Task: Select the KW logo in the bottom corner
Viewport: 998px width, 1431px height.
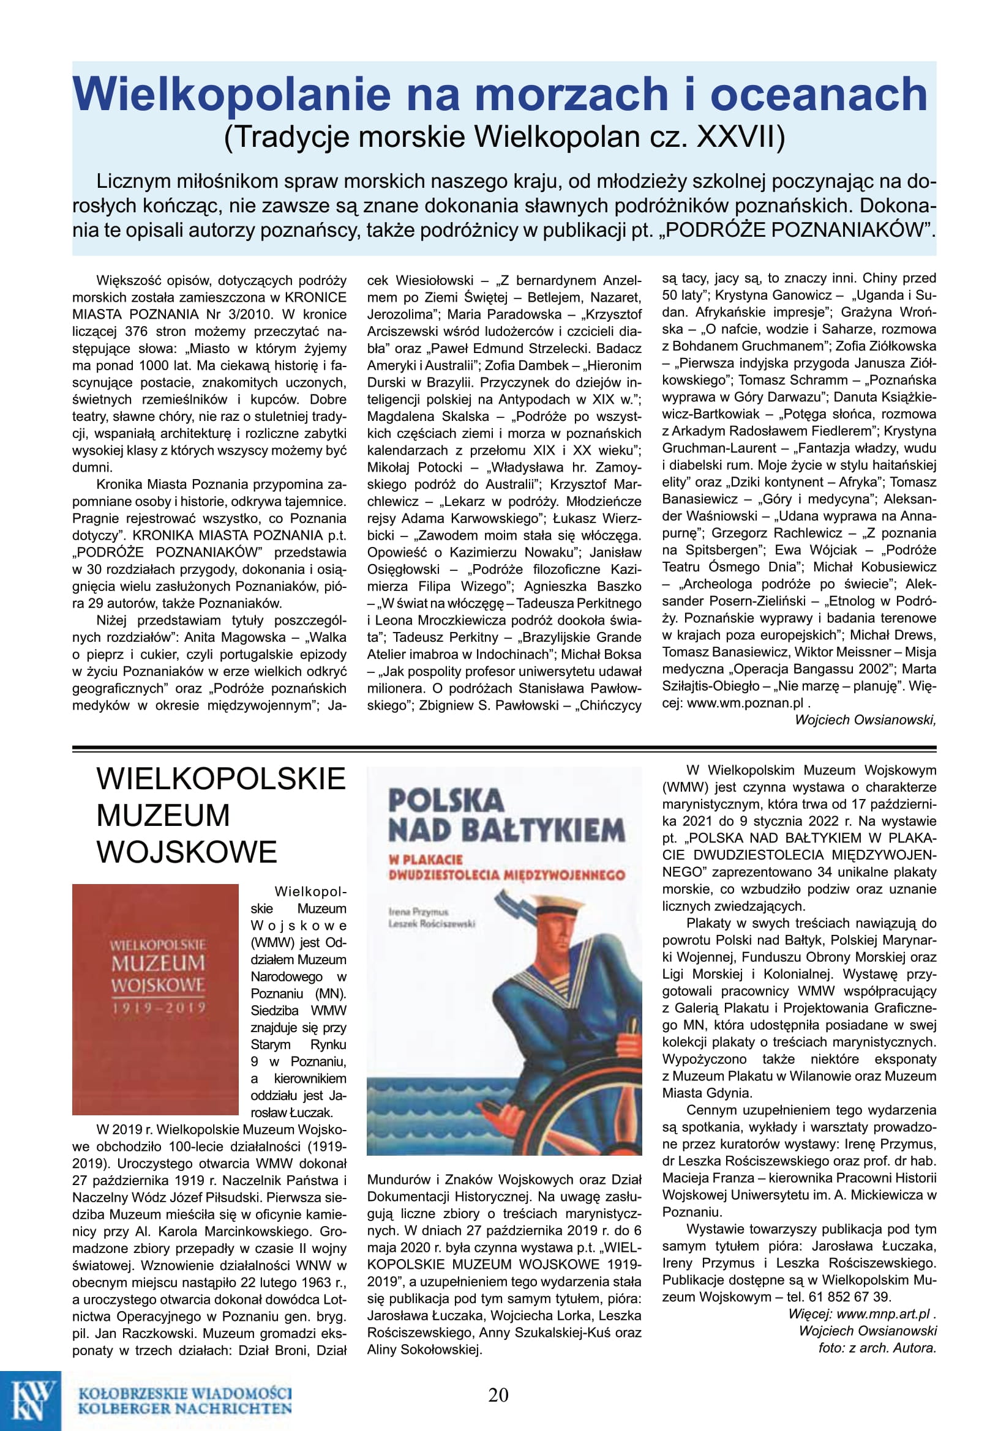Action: (31, 1400)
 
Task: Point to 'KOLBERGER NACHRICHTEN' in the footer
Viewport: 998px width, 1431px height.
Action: (185, 1408)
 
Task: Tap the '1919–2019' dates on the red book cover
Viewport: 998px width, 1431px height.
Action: (159, 1008)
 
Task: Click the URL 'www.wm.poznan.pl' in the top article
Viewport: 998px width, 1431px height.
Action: (745, 703)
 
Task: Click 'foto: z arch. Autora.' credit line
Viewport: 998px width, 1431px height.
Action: (877, 1347)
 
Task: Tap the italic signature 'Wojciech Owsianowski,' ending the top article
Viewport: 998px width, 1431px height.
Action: (865, 720)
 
